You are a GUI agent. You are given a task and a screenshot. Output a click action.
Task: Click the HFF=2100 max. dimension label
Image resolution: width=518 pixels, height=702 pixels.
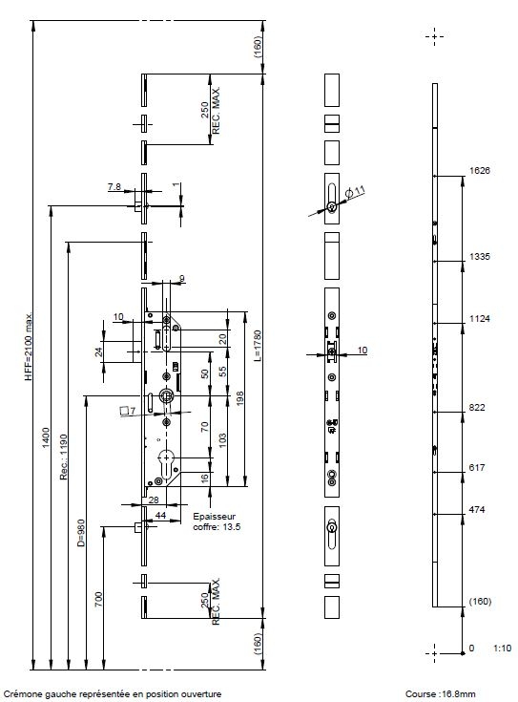click(29, 347)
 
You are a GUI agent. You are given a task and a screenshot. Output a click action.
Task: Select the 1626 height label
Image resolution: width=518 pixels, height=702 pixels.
click(479, 171)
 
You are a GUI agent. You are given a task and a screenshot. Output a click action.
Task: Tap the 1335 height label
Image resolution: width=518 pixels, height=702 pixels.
click(479, 257)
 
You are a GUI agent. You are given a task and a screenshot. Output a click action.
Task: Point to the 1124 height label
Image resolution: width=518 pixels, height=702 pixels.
click(479, 319)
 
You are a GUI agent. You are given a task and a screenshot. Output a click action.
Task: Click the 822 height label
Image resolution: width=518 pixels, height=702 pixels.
click(476, 408)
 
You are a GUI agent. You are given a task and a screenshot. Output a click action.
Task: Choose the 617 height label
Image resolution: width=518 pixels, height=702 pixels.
click(476, 467)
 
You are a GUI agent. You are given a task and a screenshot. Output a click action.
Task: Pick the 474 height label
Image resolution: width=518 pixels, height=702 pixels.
click(476, 509)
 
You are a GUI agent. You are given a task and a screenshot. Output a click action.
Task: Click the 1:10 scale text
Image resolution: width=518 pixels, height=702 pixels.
click(503, 649)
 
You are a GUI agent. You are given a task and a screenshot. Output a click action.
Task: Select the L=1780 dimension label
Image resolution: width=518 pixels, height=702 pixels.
click(258, 346)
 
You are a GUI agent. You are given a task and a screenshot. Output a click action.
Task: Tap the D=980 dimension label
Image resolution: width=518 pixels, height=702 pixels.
click(81, 533)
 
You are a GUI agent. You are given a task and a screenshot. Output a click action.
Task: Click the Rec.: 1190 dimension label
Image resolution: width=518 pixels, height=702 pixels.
click(64, 457)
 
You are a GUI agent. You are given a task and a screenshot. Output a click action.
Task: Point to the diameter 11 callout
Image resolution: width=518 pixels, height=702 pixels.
click(356, 193)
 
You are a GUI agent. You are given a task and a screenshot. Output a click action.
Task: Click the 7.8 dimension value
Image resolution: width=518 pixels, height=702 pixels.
click(114, 186)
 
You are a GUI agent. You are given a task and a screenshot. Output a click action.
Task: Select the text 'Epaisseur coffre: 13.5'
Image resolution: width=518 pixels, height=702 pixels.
click(217, 521)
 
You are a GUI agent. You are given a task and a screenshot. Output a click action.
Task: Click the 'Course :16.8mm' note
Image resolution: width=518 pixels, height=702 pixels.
click(440, 694)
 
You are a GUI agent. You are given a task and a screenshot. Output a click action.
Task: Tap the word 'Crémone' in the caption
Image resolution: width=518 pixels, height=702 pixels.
click(22, 694)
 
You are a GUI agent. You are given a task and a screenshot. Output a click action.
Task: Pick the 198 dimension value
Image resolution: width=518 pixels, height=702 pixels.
click(239, 398)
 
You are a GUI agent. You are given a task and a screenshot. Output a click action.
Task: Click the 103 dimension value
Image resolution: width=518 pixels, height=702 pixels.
click(222, 440)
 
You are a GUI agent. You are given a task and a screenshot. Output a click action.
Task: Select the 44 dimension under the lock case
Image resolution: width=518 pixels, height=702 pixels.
click(160, 516)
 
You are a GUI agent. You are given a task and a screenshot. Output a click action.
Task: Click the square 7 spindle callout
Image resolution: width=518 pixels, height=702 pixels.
click(128, 411)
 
